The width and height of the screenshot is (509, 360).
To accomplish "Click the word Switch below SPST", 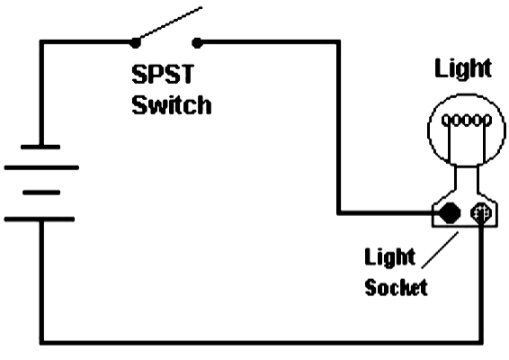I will (x=172, y=104).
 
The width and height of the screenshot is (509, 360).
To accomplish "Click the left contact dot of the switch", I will (x=135, y=40).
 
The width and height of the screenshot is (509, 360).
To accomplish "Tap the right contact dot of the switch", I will (x=197, y=40).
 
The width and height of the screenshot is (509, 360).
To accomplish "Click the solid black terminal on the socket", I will (x=450, y=213).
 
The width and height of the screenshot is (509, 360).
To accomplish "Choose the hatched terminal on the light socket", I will (x=481, y=214).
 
